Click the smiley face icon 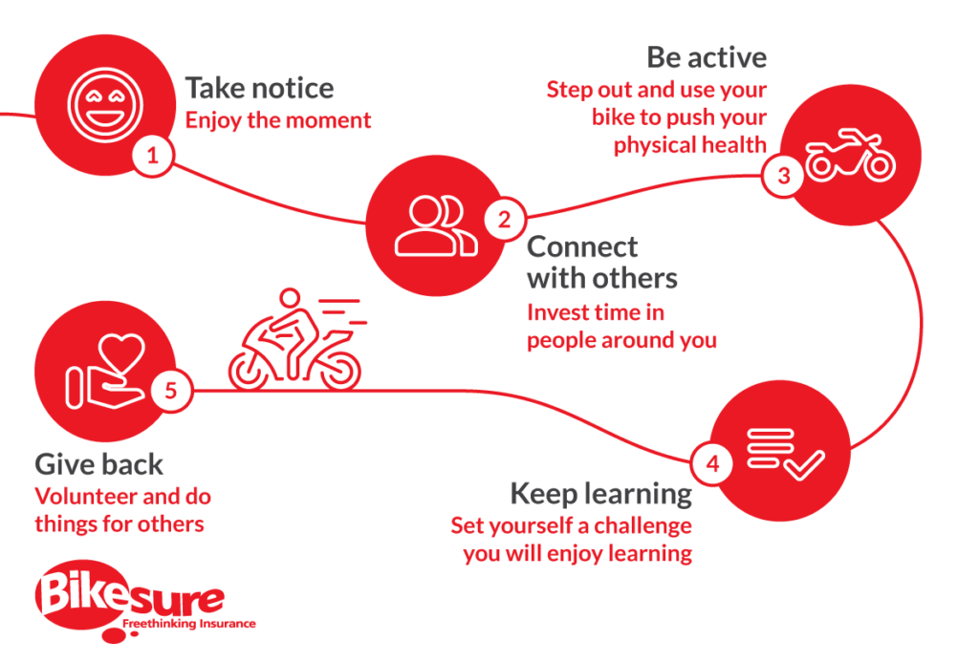pyautogui.click(x=105, y=105)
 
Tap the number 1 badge pyautogui.click(x=152, y=156)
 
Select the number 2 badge pyautogui.click(x=505, y=219)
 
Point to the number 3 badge pyautogui.click(x=784, y=176)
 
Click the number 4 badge pyautogui.click(x=712, y=463)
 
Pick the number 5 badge pyautogui.click(x=171, y=392)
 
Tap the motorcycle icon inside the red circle pyautogui.click(x=850, y=155)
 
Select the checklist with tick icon pyautogui.click(x=786, y=454)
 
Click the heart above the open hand pyautogui.click(x=122, y=353)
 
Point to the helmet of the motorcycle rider pyautogui.click(x=290, y=297)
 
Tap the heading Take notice pyautogui.click(x=260, y=88)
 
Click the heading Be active pyautogui.click(x=707, y=57)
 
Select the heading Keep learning pyautogui.click(x=601, y=494)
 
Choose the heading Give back pyautogui.click(x=99, y=465)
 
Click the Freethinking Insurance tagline pyautogui.click(x=189, y=624)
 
